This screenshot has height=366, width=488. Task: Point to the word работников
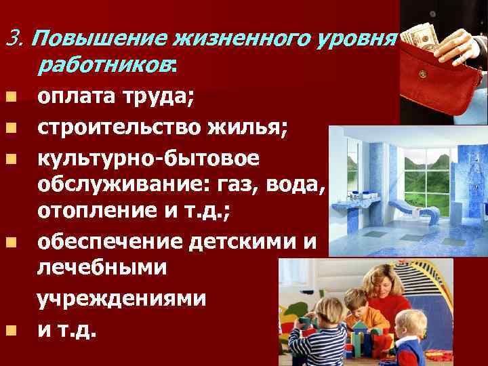[105, 65]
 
